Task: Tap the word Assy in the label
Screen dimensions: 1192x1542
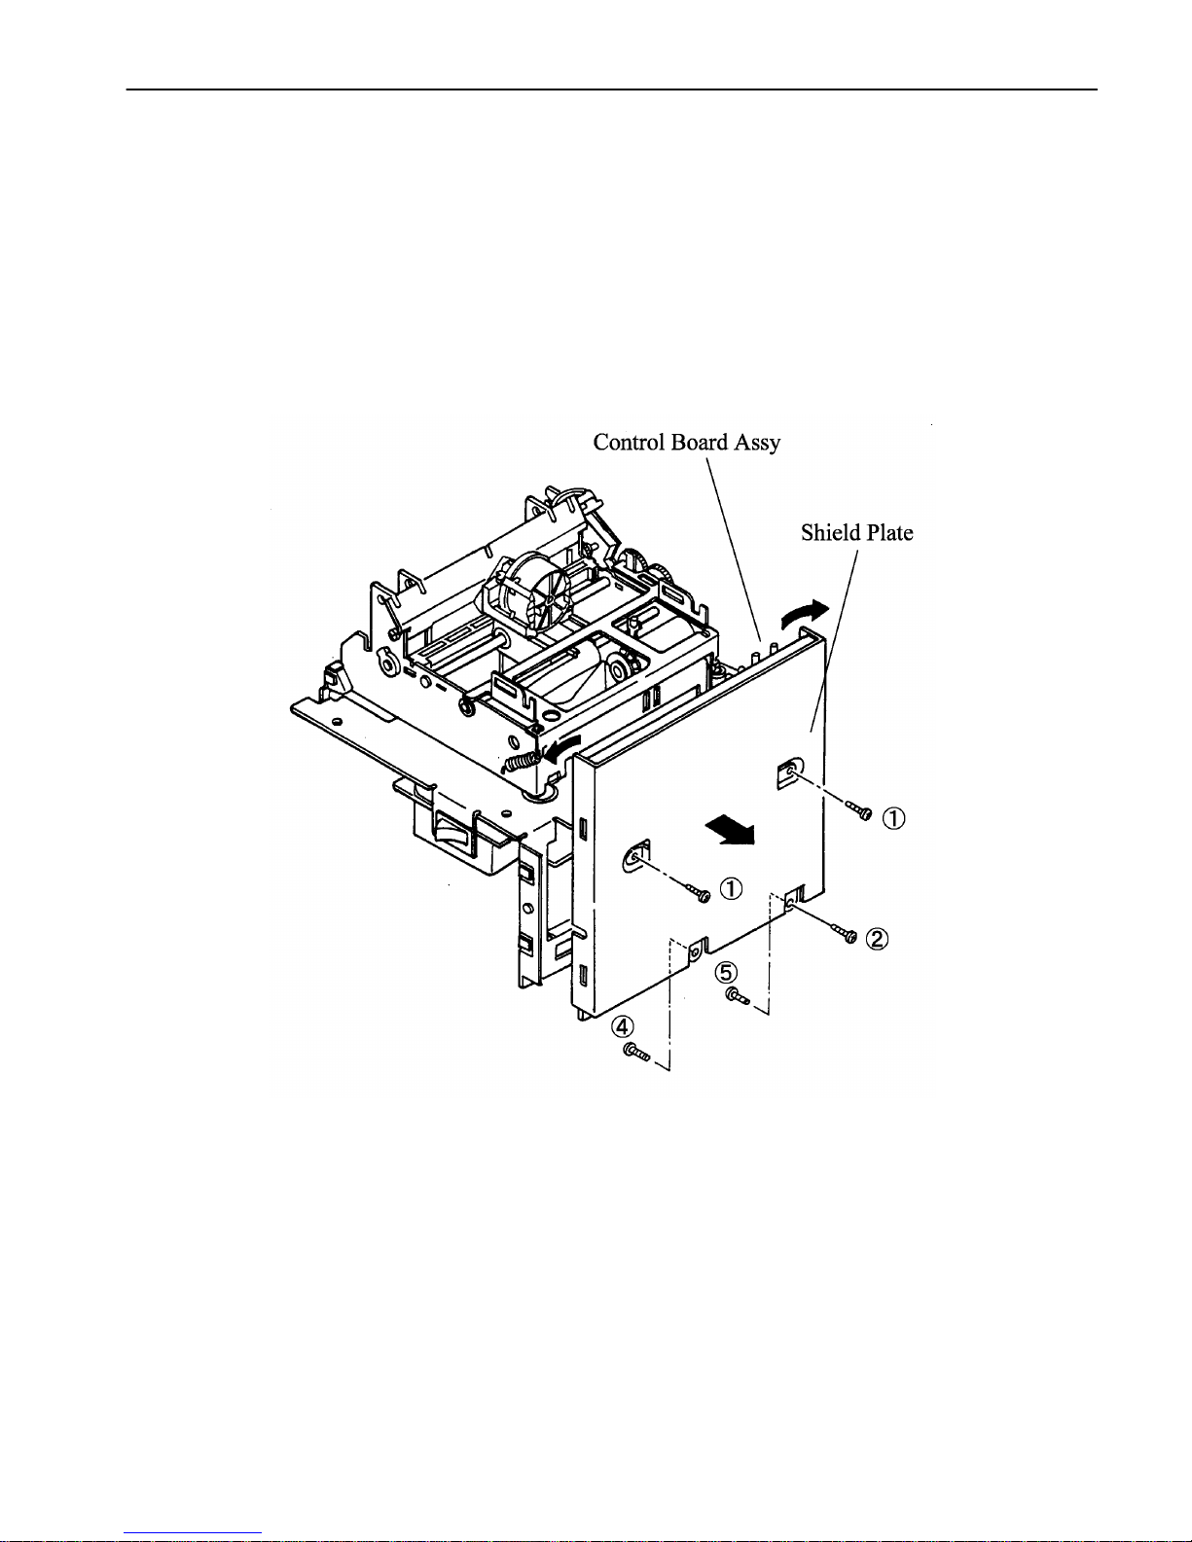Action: [757, 444]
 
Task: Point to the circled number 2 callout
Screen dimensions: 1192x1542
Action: [877, 939]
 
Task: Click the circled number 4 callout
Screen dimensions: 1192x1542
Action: [623, 1026]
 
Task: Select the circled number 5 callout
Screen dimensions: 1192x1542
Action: [725, 973]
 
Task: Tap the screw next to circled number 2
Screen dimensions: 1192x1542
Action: [844, 932]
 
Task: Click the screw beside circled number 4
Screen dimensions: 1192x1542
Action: [635, 1053]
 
